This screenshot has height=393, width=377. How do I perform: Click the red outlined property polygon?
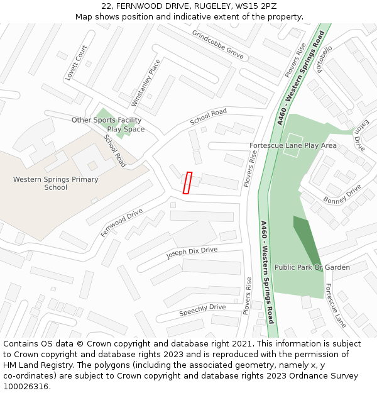pyautogui.click(x=187, y=182)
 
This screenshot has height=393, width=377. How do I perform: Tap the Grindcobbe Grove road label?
pyautogui.click(x=217, y=45)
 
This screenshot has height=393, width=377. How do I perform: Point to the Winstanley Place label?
pyautogui.click(x=146, y=82)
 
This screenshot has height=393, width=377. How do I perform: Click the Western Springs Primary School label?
pyautogui.click(x=56, y=183)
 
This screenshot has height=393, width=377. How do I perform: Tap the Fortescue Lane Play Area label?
pyautogui.click(x=293, y=145)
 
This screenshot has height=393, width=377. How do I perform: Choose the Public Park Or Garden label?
pyautogui.click(x=312, y=267)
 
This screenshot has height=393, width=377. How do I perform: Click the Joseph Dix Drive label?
pyautogui.click(x=192, y=253)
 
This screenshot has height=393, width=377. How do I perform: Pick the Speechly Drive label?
pyautogui.click(x=202, y=310)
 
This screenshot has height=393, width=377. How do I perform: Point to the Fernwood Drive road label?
pyautogui.click(x=122, y=223)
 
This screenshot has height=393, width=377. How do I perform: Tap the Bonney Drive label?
pyautogui.click(x=342, y=194)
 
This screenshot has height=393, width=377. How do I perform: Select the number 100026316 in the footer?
pyautogui.click(x=26, y=386)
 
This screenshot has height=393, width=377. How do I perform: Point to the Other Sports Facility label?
pyautogui.click(x=106, y=120)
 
